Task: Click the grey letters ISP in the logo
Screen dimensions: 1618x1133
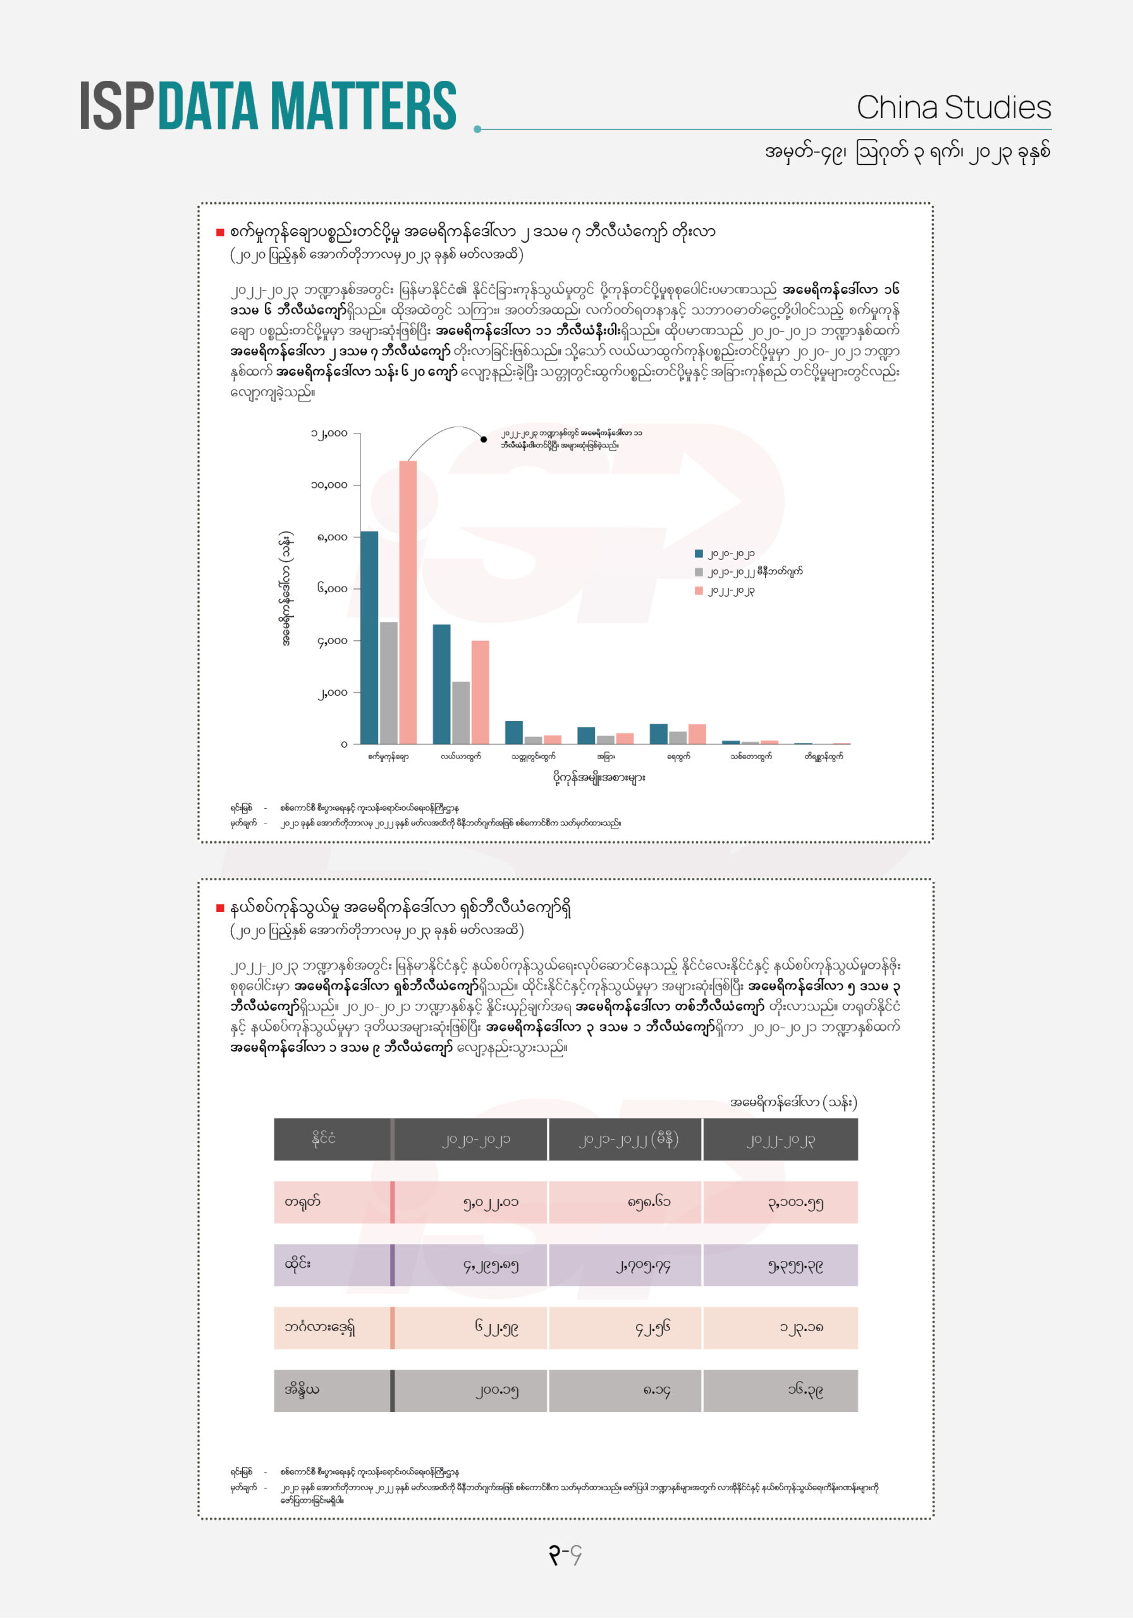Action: click(x=117, y=106)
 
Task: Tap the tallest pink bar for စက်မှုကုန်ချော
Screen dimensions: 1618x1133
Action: click(x=408, y=602)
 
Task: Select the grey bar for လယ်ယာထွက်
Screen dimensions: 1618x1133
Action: click(x=460, y=712)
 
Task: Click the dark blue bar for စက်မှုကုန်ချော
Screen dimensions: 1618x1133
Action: click(x=369, y=637)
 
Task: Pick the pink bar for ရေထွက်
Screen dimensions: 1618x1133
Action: click(x=697, y=734)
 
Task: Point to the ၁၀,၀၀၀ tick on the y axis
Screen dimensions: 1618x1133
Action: click(x=329, y=485)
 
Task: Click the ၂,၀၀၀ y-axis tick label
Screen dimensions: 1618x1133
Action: click(x=331, y=693)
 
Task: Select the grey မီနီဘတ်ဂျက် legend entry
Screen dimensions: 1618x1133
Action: click(x=754, y=571)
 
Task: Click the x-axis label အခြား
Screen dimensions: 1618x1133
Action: click(x=606, y=756)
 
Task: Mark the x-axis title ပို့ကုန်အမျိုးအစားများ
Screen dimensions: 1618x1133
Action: click(x=599, y=777)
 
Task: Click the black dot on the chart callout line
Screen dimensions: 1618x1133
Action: click(x=484, y=439)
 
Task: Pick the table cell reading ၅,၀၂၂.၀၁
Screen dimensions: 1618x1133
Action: click(x=490, y=1203)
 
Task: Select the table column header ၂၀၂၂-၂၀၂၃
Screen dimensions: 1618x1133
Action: click(x=780, y=1140)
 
